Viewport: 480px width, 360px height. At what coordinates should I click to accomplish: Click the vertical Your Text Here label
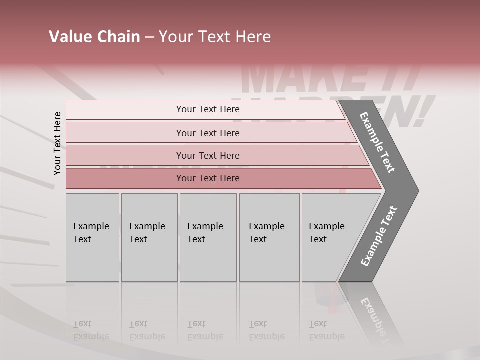[57, 143]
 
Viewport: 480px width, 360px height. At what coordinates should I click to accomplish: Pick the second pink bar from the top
[207, 133]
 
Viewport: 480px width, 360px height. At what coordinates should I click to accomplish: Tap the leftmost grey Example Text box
[92, 237]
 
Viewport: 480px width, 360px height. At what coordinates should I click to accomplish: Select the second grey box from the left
[149, 237]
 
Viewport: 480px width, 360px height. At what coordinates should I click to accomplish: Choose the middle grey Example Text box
[208, 237]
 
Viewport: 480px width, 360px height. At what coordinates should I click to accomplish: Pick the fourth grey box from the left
[269, 237]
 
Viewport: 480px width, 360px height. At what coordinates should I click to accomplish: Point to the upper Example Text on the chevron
[377, 142]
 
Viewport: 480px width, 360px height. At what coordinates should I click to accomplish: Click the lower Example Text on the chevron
[379, 236]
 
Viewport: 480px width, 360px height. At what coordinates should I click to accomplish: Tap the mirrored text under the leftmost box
[91, 330]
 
